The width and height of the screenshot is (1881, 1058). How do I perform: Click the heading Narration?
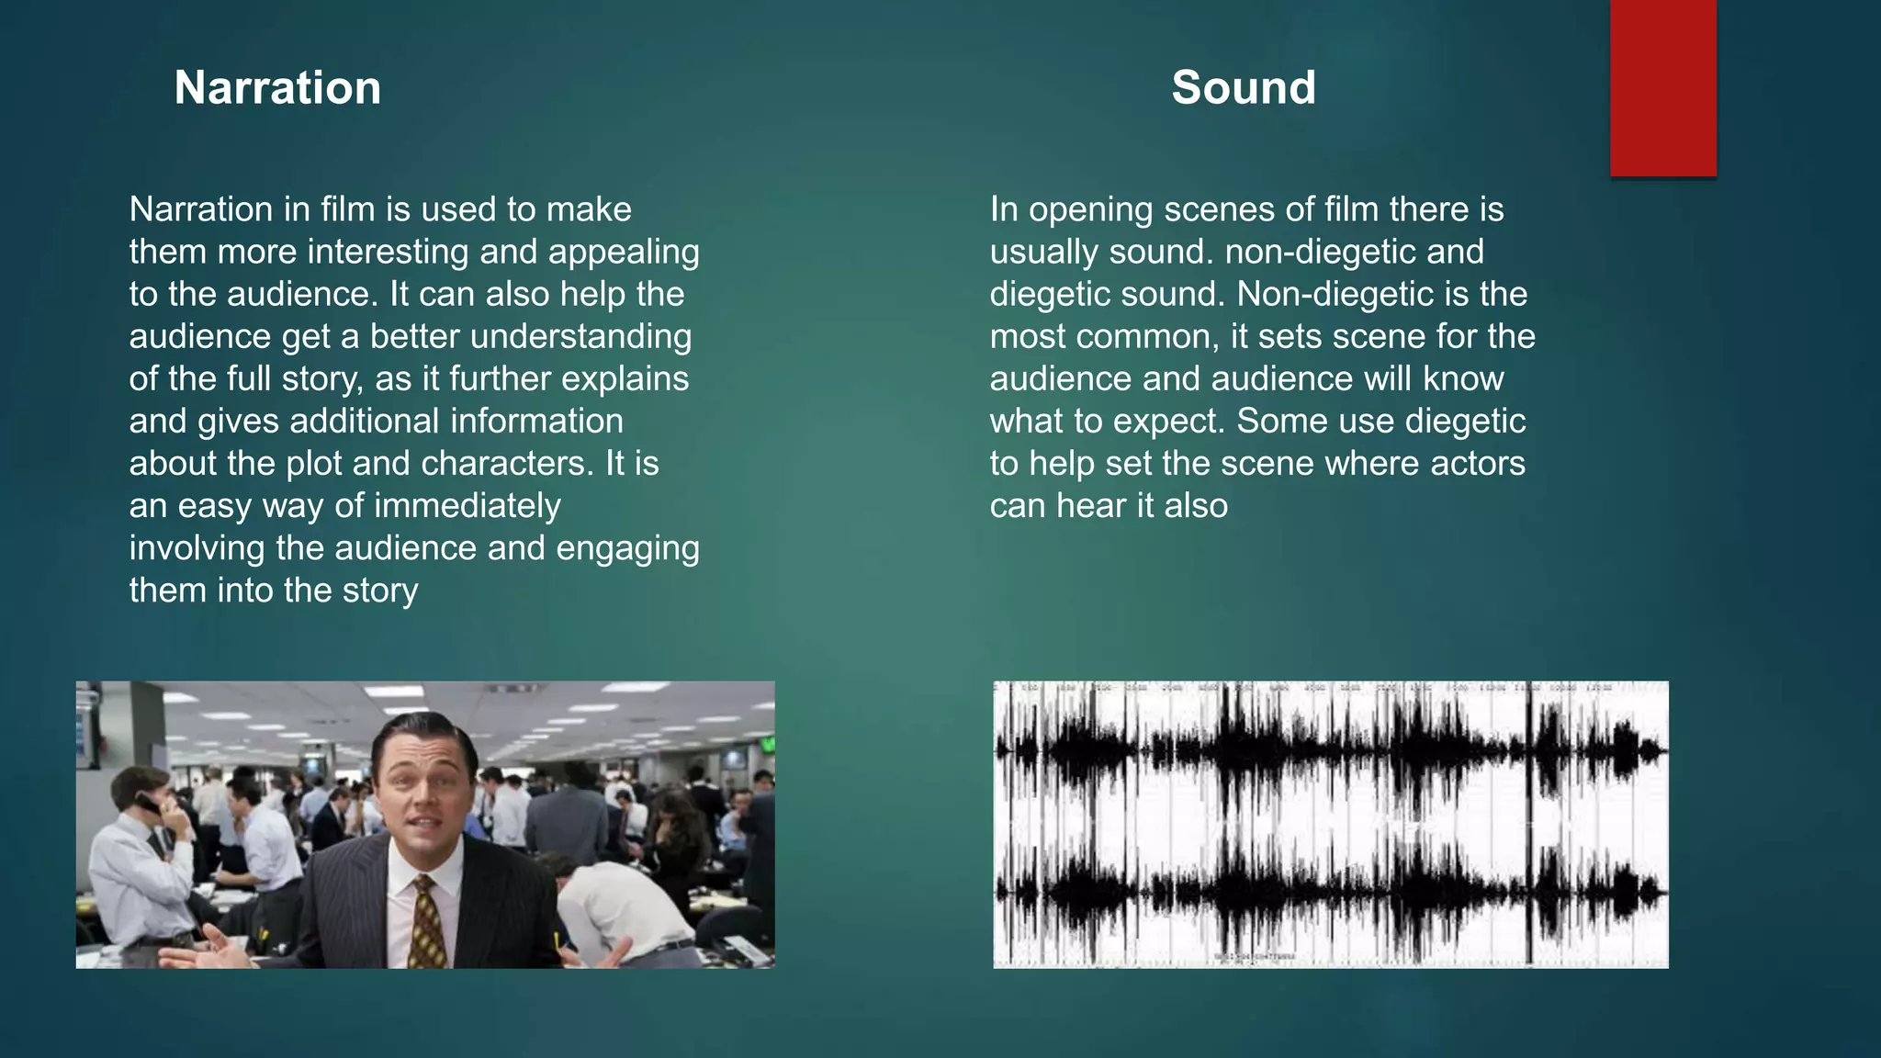point(277,88)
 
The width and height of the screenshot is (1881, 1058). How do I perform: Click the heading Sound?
point(1244,88)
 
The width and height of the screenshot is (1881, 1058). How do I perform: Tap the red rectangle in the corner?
point(1662,87)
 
